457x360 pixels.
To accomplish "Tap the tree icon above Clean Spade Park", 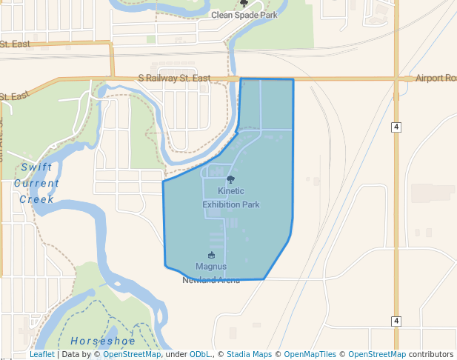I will tap(244, 4).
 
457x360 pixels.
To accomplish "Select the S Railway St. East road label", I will tap(174, 78).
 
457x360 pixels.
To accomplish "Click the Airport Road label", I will tap(436, 78).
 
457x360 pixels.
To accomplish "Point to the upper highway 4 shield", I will tap(397, 127).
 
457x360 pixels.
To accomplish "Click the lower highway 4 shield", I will tap(397, 321).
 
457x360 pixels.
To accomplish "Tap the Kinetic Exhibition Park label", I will tap(231, 197).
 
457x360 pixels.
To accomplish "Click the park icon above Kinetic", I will tap(230, 179).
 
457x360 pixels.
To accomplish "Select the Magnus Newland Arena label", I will tap(211, 273).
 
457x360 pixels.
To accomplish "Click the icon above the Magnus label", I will tap(211, 256).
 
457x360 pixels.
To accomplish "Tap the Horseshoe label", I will tap(103, 341).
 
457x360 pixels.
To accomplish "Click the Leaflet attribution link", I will tap(42, 354).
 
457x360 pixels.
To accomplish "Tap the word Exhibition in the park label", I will tap(231, 204).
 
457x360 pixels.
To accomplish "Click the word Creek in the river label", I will tap(36, 199).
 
